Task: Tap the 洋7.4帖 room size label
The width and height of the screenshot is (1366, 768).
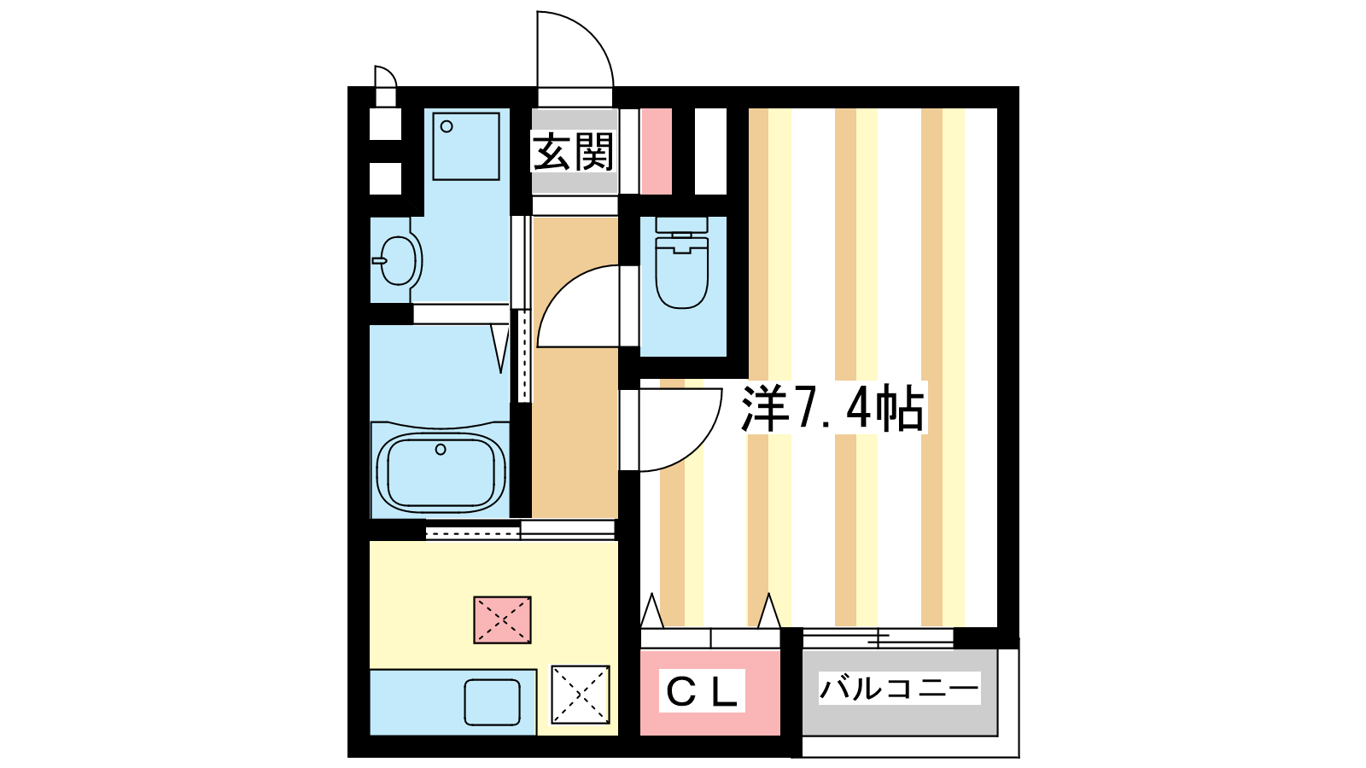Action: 832,408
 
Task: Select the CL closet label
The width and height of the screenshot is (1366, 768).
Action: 702,690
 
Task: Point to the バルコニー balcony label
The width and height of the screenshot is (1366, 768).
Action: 900,688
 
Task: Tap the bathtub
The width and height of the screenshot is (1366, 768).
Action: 441,473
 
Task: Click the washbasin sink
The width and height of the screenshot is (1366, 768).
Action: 398,260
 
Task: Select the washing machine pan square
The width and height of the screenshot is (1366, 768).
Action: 466,146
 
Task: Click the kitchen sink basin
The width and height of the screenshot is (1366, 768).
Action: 492,703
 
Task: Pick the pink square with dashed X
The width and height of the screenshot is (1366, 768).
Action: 503,620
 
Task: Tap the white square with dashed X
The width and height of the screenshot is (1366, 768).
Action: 581,695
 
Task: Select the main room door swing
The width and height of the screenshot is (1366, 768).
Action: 701,452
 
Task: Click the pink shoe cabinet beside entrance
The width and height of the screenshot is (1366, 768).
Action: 657,152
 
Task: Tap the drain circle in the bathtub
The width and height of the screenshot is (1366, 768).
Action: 441,450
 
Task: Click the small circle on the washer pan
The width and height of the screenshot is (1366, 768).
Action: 447,127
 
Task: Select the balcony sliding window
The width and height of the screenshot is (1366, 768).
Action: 879,638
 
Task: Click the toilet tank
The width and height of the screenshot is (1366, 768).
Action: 682,226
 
